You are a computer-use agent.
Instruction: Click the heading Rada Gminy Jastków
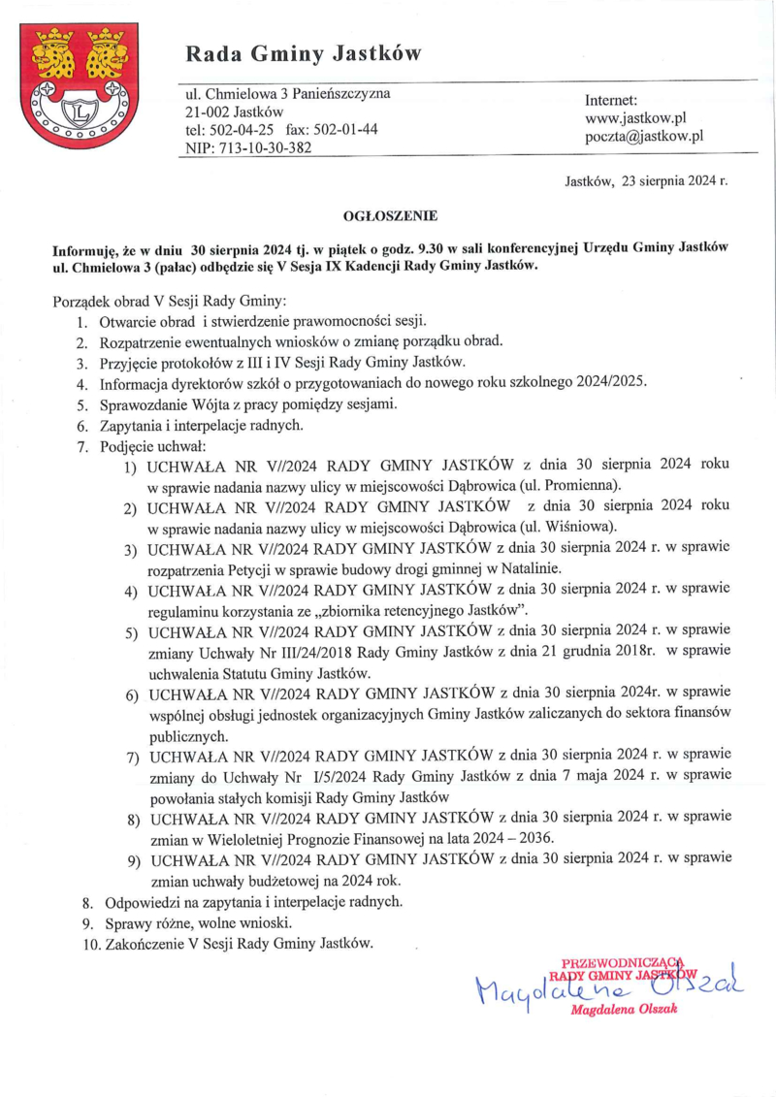point(304,53)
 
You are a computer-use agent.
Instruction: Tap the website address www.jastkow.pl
point(635,118)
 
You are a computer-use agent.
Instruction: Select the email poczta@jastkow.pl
point(644,137)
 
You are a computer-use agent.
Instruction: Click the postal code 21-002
point(207,112)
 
